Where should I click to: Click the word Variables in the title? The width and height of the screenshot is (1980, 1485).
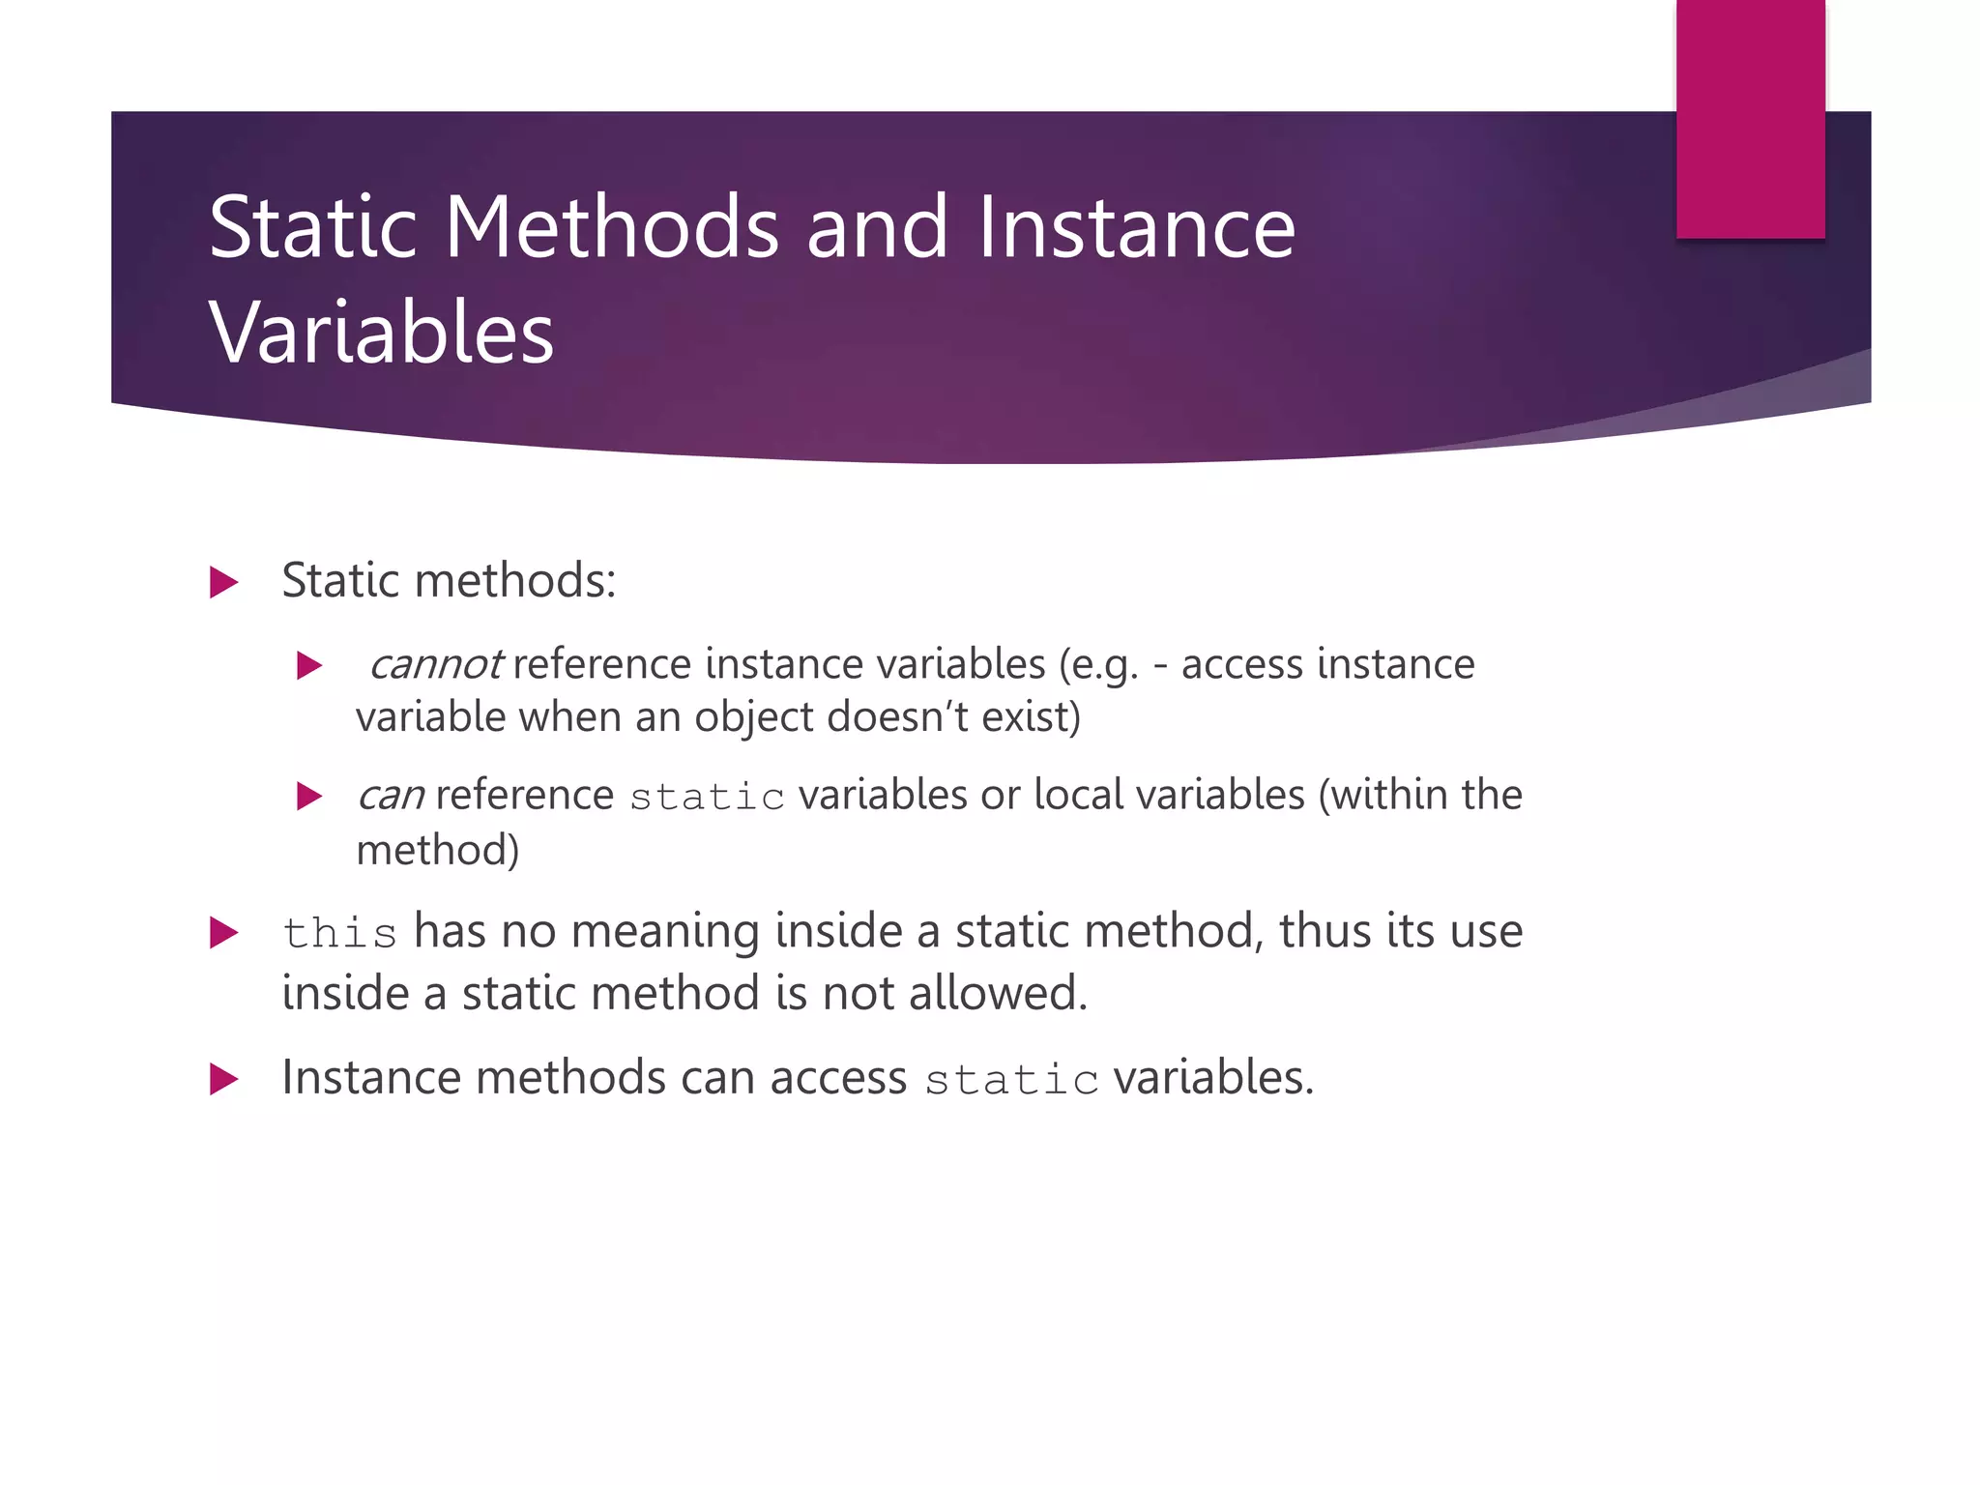pos(382,333)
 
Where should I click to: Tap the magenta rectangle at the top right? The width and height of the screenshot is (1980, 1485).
pos(1750,118)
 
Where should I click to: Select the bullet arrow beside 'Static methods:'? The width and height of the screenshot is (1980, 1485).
pos(223,582)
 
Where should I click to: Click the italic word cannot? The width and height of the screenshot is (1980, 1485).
pos(435,665)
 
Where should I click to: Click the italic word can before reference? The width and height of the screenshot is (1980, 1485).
pos(391,796)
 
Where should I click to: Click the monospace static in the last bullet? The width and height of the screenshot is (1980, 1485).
pos(1011,1080)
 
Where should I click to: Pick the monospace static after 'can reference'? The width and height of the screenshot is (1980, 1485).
pos(707,798)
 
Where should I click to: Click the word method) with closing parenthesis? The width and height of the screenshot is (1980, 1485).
pos(438,851)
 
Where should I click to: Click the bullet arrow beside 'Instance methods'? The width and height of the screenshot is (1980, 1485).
pos(223,1079)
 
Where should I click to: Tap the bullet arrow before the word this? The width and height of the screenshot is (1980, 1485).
pos(223,933)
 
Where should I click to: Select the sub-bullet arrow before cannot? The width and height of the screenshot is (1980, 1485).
pos(308,665)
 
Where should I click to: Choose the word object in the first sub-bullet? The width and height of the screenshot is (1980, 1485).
pos(754,717)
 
